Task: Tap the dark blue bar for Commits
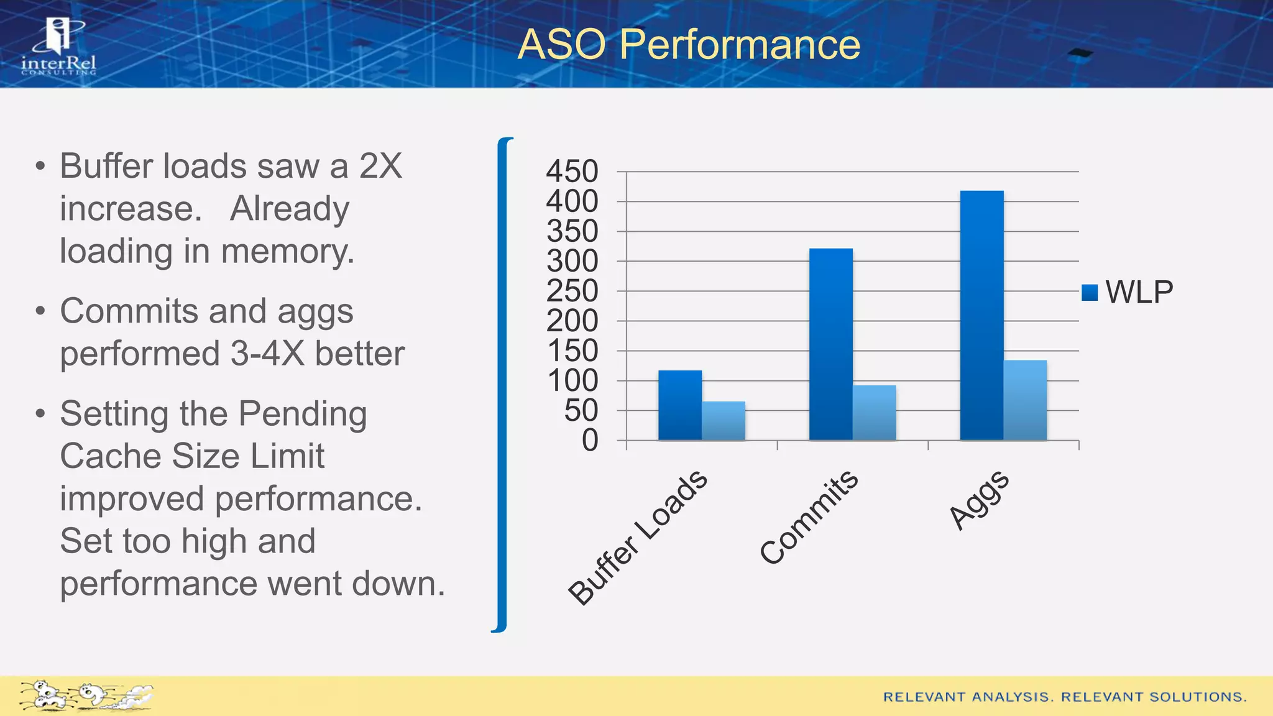coord(831,344)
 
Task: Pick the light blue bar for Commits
coord(874,413)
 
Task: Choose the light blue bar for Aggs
coord(1025,400)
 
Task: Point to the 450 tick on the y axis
coord(572,172)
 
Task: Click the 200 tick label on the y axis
coord(572,321)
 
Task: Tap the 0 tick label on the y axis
coord(590,441)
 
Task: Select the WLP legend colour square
coord(1090,292)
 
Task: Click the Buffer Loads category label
coord(638,538)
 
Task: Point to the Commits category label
coord(809,518)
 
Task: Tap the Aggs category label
coord(978,500)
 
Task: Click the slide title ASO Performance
coord(689,44)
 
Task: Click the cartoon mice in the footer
coord(85,695)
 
